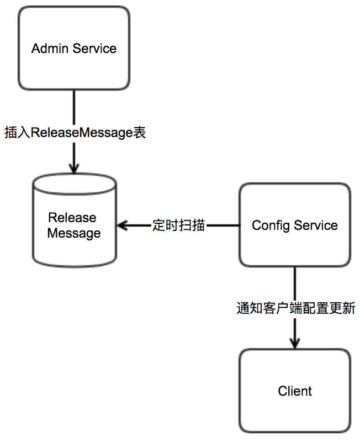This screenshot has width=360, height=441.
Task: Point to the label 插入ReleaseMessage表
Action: (75, 133)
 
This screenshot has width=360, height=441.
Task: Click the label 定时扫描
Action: (178, 225)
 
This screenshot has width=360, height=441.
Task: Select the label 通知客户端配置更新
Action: (295, 308)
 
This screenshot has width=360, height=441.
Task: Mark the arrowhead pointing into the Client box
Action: (295, 343)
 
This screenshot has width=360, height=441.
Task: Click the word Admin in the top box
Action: (50, 49)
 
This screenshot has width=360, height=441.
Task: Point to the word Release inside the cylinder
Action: (72, 218)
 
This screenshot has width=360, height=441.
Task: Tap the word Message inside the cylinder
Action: (74, 233)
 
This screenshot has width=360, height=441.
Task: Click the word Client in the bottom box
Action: (295, 391)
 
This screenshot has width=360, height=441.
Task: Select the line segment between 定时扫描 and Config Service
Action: (223, 225)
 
